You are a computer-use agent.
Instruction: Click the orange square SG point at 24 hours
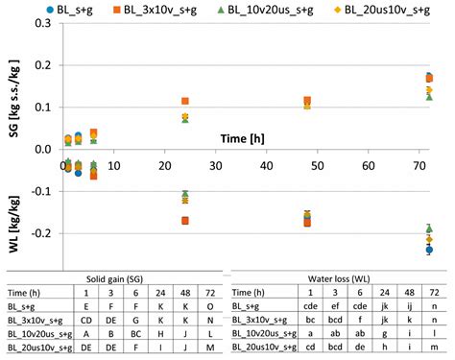coord(185,101)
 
